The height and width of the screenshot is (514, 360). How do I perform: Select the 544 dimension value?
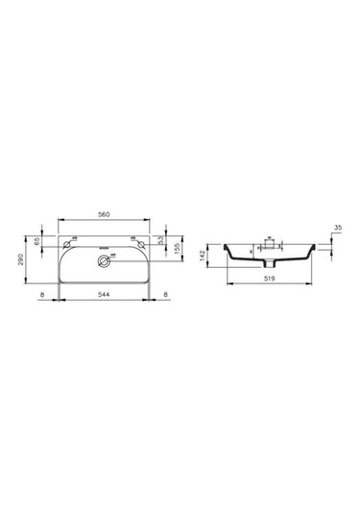click(x=103, y=294)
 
